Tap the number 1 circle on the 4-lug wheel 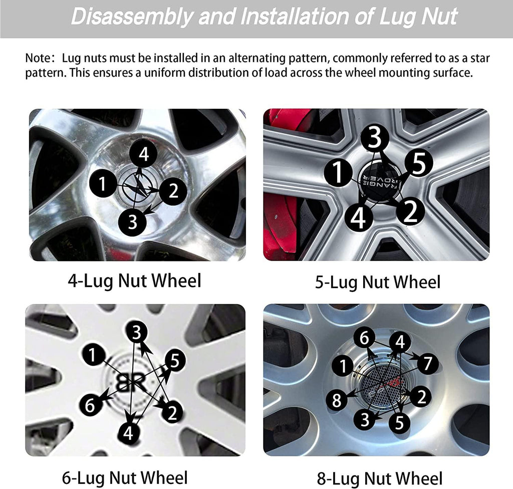point(103,183)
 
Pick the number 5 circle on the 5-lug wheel point(419,163)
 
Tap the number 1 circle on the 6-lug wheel point(94,355)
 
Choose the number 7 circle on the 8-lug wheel point(427,364)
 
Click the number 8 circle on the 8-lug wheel point(337,400)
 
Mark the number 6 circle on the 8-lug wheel point(365,338)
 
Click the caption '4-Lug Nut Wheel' point(134,281)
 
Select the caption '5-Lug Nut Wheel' point(378,282)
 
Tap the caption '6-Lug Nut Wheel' point(125,477)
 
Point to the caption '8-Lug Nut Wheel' point(380,478)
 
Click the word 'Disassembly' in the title point(132,17)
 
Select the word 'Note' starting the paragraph point(38,58)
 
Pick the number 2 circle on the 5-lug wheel point(411,211)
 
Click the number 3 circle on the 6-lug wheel point(136,332)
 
